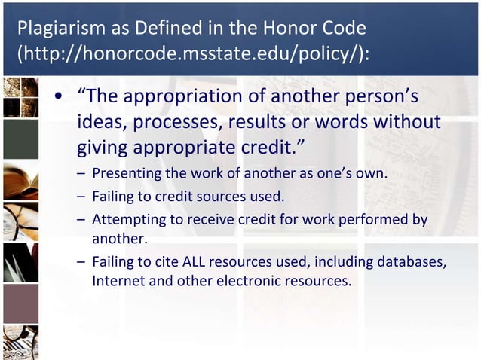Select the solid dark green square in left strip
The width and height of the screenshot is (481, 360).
pyautogui.click(x=20, y=139)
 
